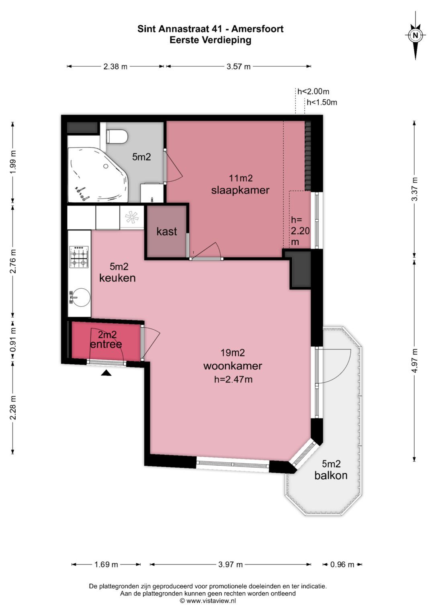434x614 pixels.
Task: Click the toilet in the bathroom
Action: click(117, 136)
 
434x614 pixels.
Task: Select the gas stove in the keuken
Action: click(79, 257)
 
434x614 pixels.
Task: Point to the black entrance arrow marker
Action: click(106, 373)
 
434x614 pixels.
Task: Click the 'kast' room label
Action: click(167, 232)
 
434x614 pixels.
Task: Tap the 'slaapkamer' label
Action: click(240, 190)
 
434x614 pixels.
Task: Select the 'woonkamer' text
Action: click(233, 366)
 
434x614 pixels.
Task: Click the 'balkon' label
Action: click(331, 475)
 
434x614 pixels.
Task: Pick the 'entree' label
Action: click(106, 344)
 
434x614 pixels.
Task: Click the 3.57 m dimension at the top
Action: click(238, 67)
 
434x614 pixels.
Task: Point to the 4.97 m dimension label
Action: click(415, 360)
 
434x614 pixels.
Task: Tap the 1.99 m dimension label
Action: click(13, 162)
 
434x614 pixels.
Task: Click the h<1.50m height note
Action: click(321, 103)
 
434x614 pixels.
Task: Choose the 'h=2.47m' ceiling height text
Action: click(233, 379)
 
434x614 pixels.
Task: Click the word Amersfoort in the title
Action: click(258, 29)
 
